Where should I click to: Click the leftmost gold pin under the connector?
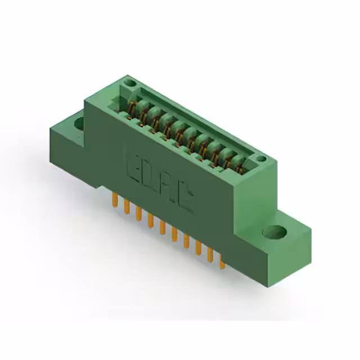coord(115,199)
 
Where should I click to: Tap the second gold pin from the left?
coord(127,206)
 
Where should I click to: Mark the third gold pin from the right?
coord(198,247)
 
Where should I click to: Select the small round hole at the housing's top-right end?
coord(261,160)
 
